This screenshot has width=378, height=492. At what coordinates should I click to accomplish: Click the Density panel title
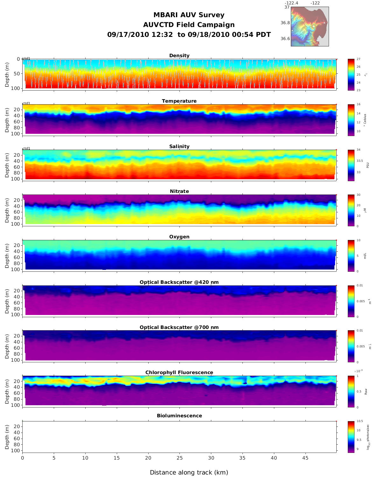179,56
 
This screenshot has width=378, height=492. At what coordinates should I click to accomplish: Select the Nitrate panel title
179,191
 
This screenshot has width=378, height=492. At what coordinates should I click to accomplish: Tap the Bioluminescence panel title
179,416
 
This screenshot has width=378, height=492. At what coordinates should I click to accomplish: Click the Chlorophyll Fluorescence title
179,372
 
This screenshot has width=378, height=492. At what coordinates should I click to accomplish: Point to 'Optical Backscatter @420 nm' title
179,282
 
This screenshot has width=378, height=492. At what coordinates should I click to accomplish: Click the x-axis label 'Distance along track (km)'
189,473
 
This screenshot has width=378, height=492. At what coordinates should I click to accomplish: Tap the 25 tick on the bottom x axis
179,458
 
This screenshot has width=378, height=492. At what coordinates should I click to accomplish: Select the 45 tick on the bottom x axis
305,458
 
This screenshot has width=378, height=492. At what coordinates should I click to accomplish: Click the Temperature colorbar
351,120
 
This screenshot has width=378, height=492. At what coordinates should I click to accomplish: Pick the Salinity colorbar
351,165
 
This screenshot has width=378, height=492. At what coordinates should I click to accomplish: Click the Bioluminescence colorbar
351,437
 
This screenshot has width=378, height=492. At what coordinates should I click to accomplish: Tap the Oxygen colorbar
351,256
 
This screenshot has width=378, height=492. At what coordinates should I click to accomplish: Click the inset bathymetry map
310,26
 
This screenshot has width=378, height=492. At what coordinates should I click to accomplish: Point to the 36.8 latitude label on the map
285,23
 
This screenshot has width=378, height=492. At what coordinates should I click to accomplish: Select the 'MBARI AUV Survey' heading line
189,15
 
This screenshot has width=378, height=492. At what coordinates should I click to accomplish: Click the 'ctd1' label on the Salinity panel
26,148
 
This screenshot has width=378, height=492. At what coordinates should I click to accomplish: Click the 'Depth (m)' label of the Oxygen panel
7,256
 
